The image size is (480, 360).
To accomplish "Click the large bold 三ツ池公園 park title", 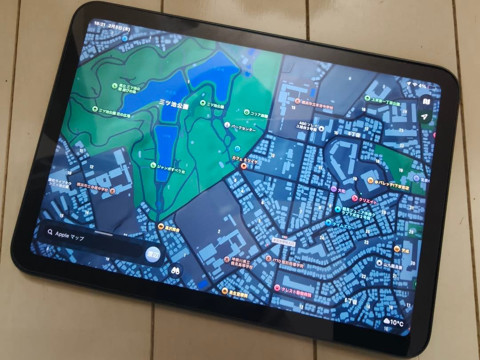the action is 174,104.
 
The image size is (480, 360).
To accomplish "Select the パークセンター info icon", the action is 228,125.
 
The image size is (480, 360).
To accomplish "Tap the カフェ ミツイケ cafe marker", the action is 243,165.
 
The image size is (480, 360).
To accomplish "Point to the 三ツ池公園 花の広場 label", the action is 113,112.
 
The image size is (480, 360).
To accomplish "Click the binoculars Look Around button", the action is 176,270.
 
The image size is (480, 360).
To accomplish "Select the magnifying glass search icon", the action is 50,232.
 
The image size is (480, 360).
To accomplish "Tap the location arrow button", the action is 425,117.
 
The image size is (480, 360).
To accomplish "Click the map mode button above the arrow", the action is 426,102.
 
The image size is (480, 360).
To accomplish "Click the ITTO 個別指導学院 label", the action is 288,263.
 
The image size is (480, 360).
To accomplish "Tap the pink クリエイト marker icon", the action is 354,198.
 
